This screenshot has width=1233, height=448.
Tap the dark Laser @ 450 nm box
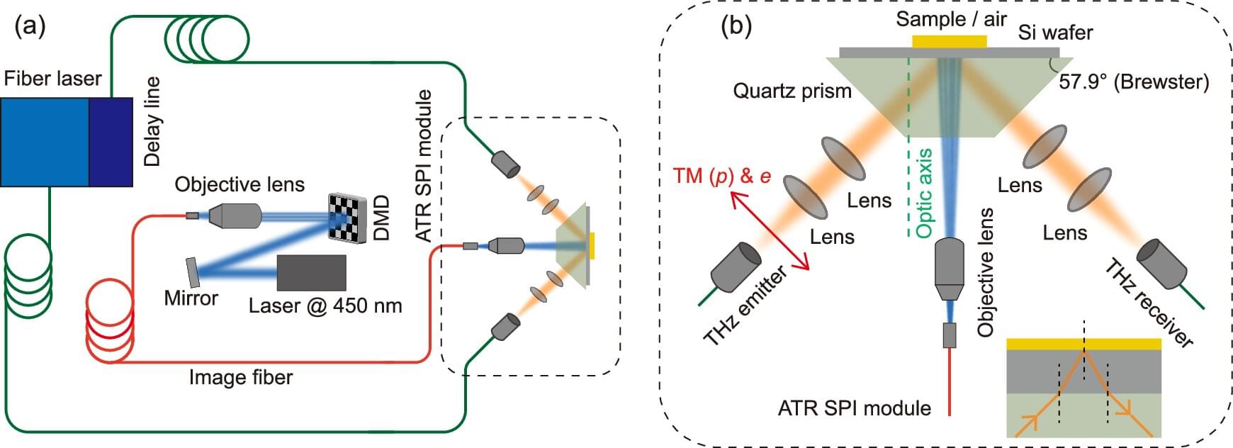point(311,273)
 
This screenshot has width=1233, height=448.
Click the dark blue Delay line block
point(111,142)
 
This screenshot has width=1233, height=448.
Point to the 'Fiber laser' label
point(52,78)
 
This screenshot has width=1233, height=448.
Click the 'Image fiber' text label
point(240,377)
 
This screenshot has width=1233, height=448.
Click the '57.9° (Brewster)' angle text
point(1134,82)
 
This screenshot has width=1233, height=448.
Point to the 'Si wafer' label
point(1055,33)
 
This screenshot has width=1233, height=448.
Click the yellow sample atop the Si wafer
point(949,41)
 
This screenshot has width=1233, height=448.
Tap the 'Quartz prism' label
point(792,91)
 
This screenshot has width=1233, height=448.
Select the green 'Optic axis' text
point(924,193)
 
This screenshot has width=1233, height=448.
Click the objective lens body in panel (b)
point(949,269)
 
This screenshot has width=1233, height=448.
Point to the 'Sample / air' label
point(951,19)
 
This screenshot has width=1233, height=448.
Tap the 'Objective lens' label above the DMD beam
point(240,185)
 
